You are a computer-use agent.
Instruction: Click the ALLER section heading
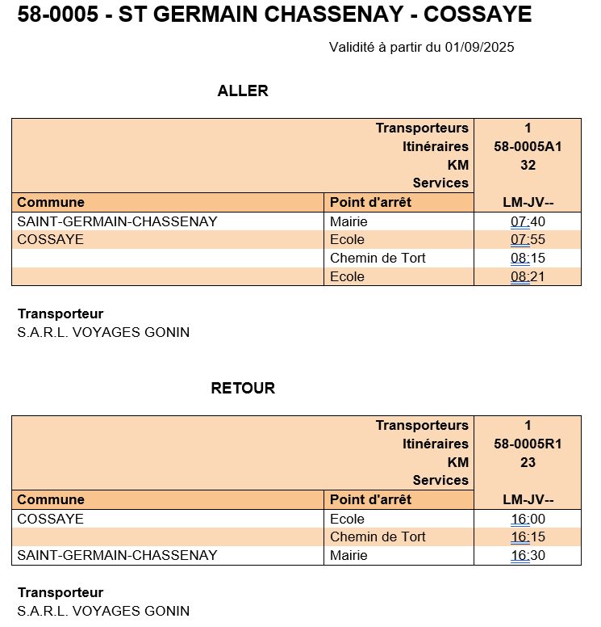pyautogui.click(x=242, y=91)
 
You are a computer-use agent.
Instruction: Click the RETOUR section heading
pyautogui.click(x=243, y=388)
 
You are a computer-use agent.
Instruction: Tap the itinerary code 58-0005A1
pyautogui.click(x=528, y=146)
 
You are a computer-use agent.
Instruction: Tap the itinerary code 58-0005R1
pyautogui.click(x=528, y=444)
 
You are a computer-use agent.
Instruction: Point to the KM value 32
pyautogui.click(x=528, y=165)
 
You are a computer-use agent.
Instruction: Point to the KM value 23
pyautogui.click(x=528, y=462)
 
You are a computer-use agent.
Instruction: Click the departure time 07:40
pyautogui.click(x=528, y=221)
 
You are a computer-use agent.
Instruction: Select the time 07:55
pyautogui.click(x=528, y=239)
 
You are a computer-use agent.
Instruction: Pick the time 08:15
pyautogui.click(x=528, y=258)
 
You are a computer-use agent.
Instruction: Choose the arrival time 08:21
pyautogui.click(x=528, y=276)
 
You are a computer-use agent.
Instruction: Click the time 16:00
pyautogui.click(x=528, y=519)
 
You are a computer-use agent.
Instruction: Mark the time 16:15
pyautogui.click(x=528, y=537)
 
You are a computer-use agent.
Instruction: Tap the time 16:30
pyautogui.click(x=528, y=555)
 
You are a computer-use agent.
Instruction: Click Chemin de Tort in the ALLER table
pyautogui.click(x=378, y=258)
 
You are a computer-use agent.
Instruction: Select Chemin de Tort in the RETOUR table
pyautogui.click(x=378, y=537)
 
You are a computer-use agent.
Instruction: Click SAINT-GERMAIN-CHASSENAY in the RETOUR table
pyautogui.click(x=117, y=555)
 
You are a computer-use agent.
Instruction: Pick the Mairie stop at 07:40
pyautogui.click(x=348, y=221)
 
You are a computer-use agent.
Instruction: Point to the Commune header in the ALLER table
pyautogui.click(x=51, y=202)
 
